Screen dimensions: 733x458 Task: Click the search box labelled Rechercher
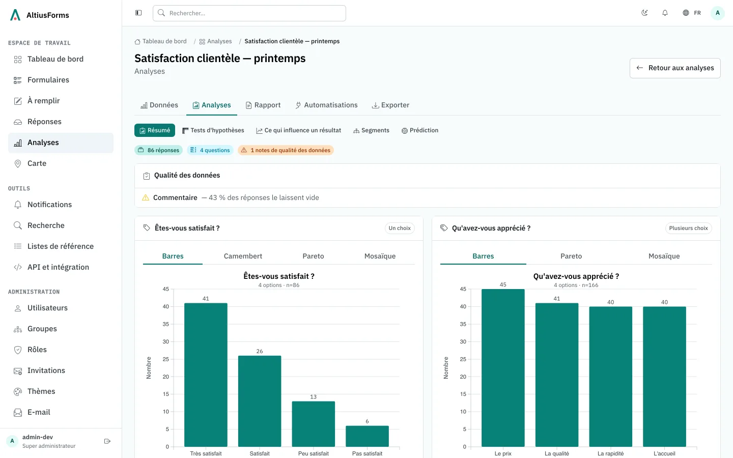(x=249, y=13)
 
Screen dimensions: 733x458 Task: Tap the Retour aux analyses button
(x=675, y=68)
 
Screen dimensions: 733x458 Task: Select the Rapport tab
(x=263, y=105)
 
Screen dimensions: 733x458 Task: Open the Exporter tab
(x=390, y=105)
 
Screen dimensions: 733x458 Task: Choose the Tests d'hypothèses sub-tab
(x=213, y=130)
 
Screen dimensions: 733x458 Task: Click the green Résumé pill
(x=154, y=130)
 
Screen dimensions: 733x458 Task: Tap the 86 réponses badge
(x=158, y=150)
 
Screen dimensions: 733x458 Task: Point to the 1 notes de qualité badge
(x=286, y=150)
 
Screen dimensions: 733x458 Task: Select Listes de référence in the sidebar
(x=61, y=246)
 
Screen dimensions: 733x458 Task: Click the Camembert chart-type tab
(x=243, y=256)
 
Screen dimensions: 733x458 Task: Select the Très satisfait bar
(x=206, y=375)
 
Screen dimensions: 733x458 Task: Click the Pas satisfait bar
(x=367, y=437)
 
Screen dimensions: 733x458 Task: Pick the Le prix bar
(x=503, y=368)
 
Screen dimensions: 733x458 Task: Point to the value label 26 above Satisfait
(x=260, y=351)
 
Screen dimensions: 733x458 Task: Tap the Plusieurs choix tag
(x=689, y=228)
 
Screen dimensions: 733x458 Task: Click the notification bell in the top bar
(x=665, y=13)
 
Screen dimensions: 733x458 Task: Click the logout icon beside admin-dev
(x=107, y=441)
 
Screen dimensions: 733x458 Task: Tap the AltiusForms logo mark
(x=15, y=15)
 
